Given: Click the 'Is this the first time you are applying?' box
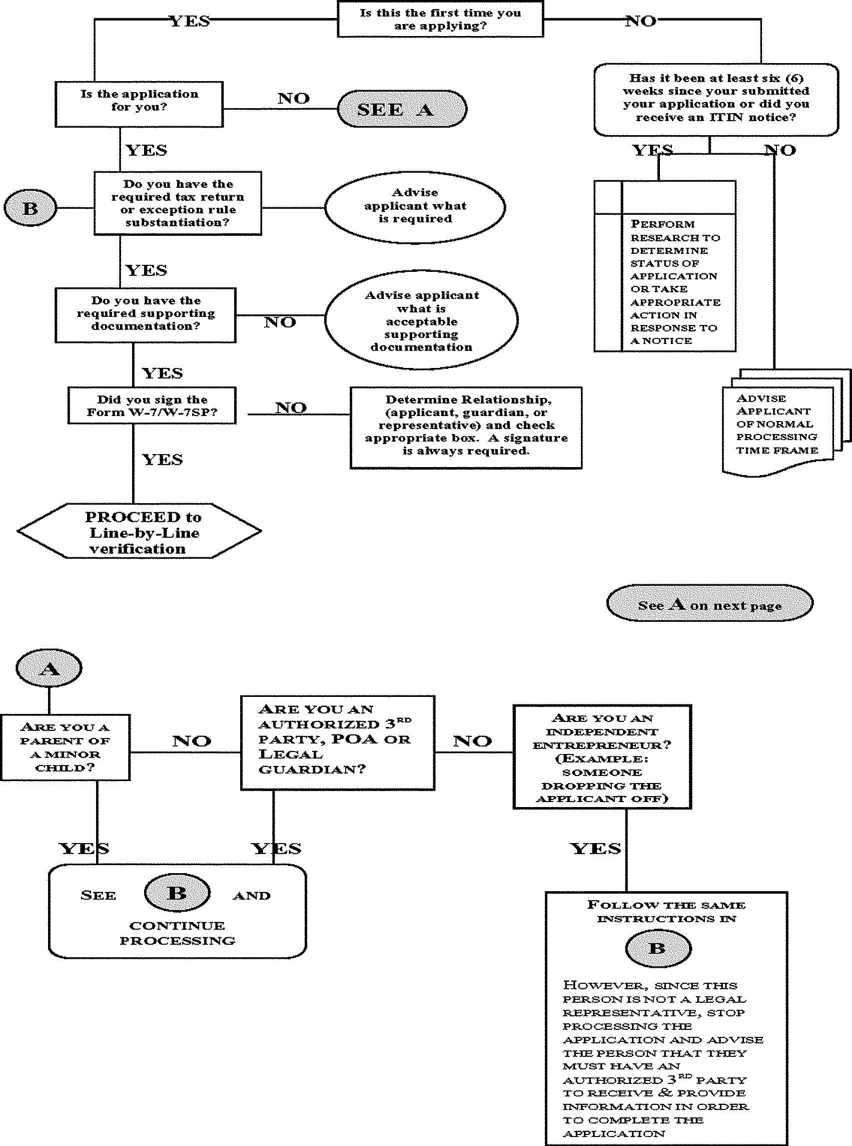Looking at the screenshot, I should click(x=440, y=20).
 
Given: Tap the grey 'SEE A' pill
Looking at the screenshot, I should click(x=402, y=109).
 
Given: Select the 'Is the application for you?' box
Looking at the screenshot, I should click(x=139, y=104).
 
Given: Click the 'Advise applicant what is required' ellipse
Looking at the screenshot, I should click(x=415, y=206).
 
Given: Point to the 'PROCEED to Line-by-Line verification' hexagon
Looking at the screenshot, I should click(x=139, y=532).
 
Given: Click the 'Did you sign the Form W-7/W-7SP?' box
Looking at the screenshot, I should click(x=152, y=406).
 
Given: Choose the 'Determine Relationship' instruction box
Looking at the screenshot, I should click(x=466, y=427).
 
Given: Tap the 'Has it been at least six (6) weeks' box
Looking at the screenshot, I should click(x=716, y=99).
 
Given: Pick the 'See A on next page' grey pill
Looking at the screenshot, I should click(x=709, y=603).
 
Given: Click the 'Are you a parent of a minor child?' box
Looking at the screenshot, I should click(x=66, y=747).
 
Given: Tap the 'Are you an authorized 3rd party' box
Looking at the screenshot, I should click(x=338, y=742).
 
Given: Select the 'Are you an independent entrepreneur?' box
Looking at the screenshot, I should click(x=602, y=757).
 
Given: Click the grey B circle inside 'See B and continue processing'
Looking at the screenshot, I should click(x=178, y=893).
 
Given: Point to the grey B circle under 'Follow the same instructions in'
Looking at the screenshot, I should click(x=657, y=948).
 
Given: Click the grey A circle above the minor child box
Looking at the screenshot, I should click(x=49, y=668).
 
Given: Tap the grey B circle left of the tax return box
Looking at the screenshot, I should click(x=31, y=208).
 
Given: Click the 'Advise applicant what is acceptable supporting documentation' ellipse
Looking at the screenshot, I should click(x=421, y=320).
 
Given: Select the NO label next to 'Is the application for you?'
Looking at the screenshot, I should click(x=294, y=98).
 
